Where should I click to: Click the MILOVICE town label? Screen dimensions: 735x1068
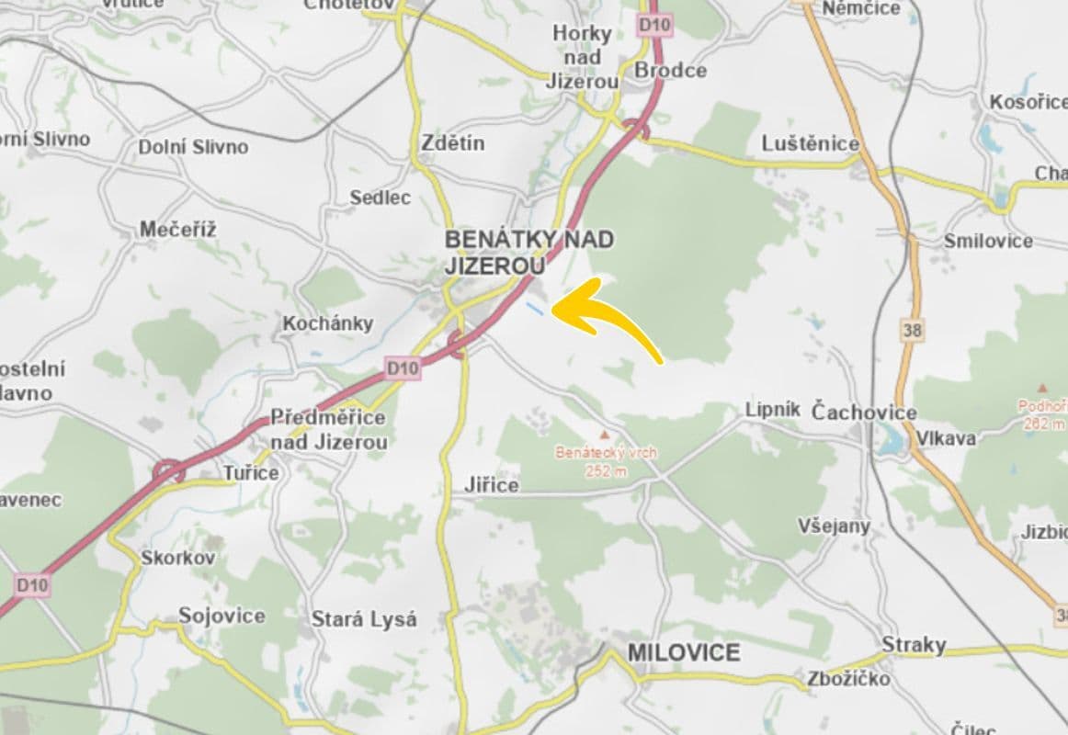coord(683,653)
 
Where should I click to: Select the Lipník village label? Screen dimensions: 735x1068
coord(773,410)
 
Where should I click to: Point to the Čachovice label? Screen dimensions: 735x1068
coord(864,413)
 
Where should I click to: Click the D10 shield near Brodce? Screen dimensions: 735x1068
coord(653,25)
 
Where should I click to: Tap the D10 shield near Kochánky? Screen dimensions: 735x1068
coord(403,368)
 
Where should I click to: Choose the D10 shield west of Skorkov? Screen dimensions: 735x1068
coord(31,584)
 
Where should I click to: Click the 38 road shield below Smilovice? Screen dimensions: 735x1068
coord(912,330)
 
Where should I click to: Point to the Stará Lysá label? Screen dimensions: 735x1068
coord(364,619)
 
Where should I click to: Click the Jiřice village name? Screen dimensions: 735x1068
coord(493,485)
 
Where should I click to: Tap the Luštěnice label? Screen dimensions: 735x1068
coord(810,143)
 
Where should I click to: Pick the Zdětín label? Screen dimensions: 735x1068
coord(452,143)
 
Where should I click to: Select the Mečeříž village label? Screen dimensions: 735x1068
coord(178,230)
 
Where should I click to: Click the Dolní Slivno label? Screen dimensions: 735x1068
coord(193,147)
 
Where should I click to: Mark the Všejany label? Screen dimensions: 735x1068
coord(834,526)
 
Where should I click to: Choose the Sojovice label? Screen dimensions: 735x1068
coord(222,616)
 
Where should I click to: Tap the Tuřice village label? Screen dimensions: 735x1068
coord(251,473)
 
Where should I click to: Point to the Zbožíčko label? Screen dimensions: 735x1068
coord(848,679)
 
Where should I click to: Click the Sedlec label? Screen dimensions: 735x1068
coord(381,198)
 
